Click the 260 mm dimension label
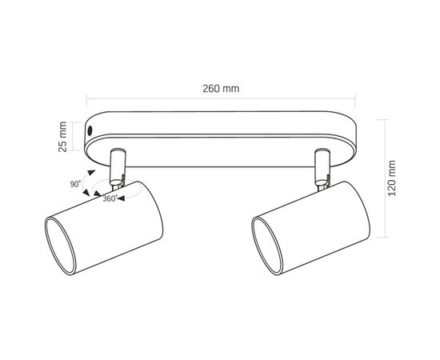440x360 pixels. pos(221,89)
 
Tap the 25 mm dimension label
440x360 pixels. pos(62,137)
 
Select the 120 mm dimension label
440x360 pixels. pos(391,178)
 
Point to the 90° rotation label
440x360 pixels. pos(75,184)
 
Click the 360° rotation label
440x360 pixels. pos(110,198)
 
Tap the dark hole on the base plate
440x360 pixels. pos(90,130)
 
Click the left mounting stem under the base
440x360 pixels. pos(118,167)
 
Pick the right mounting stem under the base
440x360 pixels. pos(322,167)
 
